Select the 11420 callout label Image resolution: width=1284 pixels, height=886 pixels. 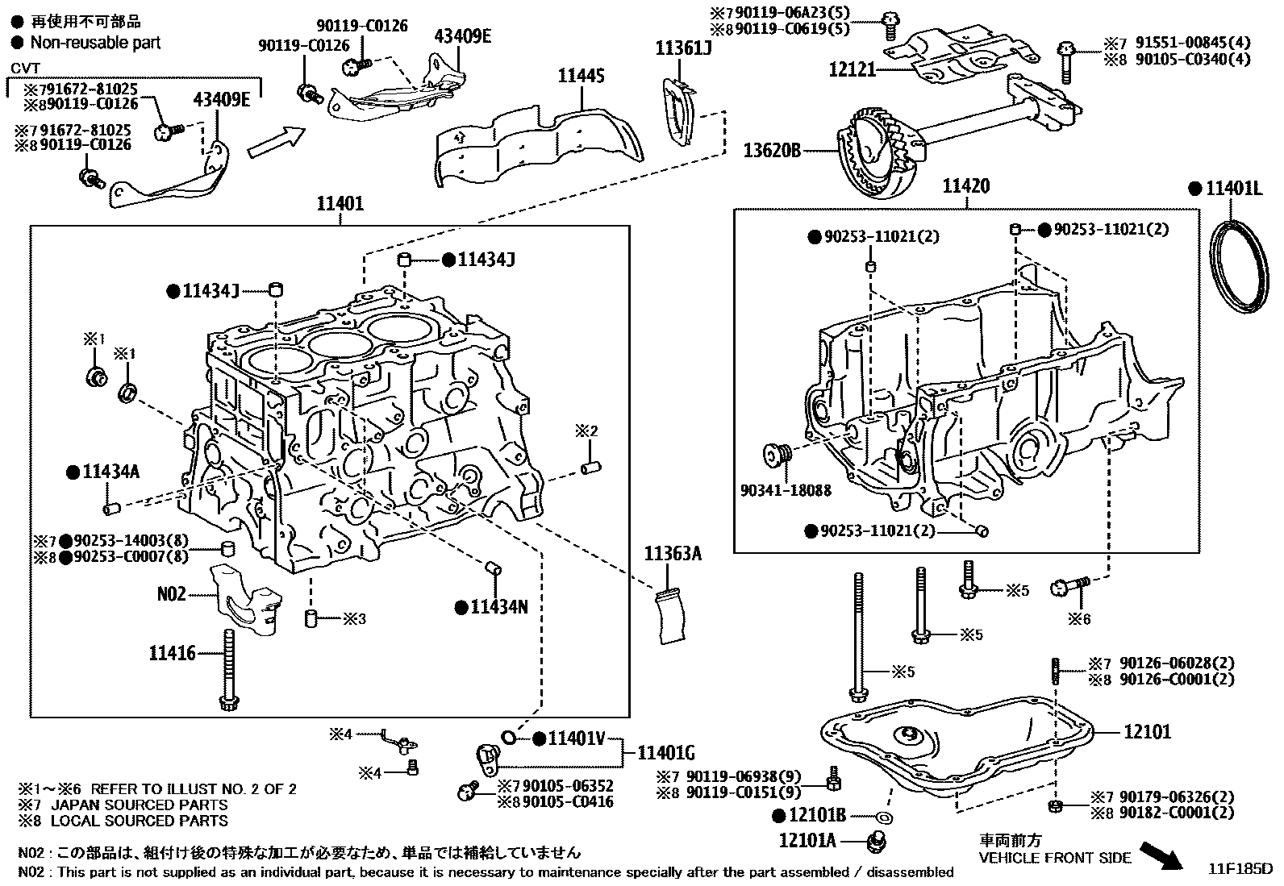pos(965,187)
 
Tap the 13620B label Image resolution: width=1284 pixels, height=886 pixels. pos(772,150)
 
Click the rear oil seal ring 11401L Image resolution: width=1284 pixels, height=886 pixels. pos(1240,264)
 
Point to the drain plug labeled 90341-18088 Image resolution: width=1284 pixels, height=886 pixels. pos(777,455)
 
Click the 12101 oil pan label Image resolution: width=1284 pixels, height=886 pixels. pos(1148,732)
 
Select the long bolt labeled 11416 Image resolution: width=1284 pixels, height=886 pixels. pos(228,669)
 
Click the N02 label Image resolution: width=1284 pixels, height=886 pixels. pos(171,594)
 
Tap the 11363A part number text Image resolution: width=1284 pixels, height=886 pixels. pos(673,553)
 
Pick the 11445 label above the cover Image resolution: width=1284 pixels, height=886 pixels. pos(581,77)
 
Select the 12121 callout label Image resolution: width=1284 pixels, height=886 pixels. pos(852,69)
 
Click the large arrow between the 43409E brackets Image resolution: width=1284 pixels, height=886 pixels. pos(276,142)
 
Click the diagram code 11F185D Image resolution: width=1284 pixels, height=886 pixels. pos(1240,870)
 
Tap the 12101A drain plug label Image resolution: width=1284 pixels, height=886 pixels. pos(807,841)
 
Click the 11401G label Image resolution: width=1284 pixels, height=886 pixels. pos(665,753)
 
